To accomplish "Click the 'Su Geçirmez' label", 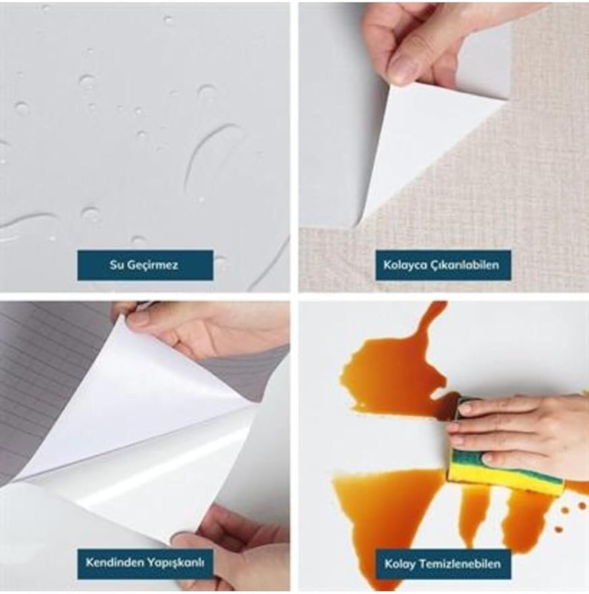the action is [x=145, y=265].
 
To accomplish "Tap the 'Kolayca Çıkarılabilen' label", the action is [x=443, y=265].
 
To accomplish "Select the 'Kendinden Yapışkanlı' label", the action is [x=145, y=564].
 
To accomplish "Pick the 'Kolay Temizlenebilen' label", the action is [x=443, y=564].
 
